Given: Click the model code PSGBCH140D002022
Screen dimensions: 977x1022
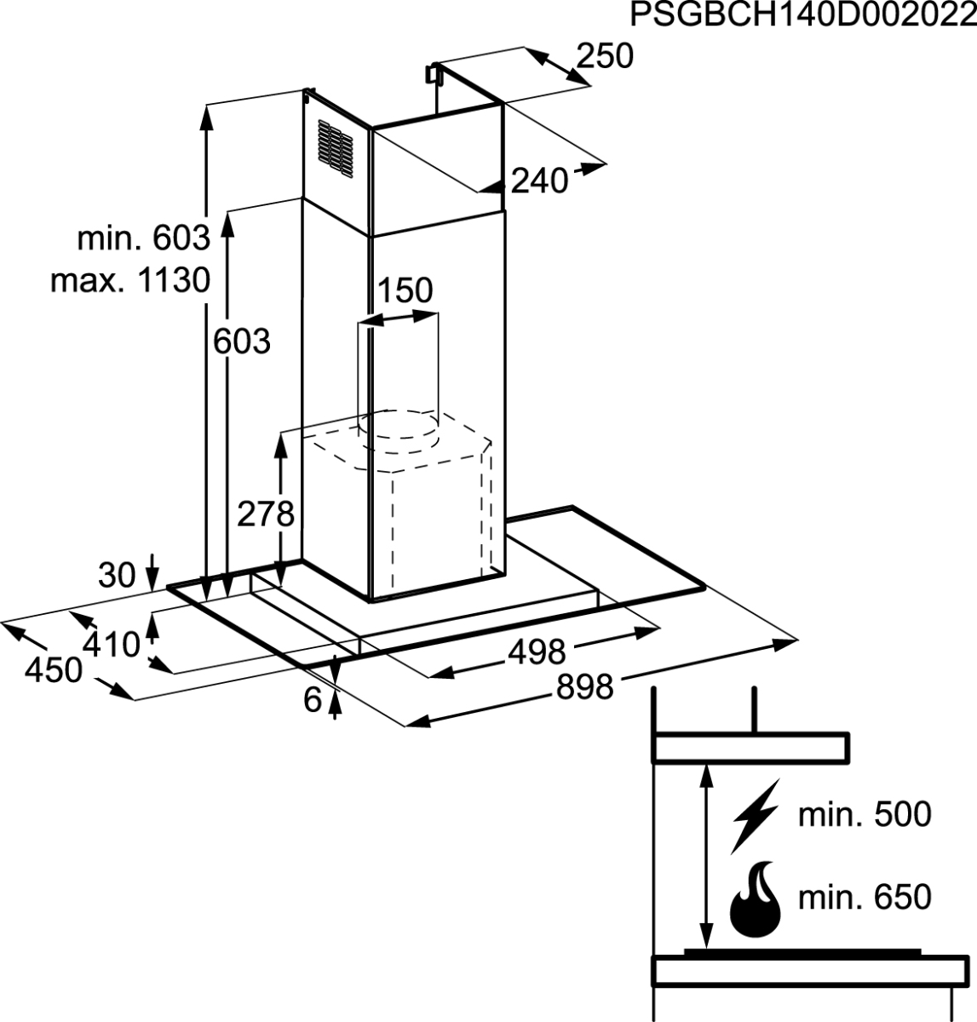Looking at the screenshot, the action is tap(803, 15).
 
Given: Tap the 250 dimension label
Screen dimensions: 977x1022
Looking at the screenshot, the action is tap(605, 56).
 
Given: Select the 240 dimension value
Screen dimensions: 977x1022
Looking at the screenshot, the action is tap(539, 181).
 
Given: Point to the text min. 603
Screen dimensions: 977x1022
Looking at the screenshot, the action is tap(143, 238).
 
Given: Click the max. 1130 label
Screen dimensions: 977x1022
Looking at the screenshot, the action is tap(130, 280).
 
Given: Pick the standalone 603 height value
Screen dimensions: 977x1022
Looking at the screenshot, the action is tap(242, 342).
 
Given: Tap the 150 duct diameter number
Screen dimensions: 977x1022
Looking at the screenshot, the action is tap(405, 290).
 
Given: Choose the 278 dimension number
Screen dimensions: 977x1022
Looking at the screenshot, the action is tap(265, 514).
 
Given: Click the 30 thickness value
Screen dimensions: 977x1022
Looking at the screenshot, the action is tap(117, 575).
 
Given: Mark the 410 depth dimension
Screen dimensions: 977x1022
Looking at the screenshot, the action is tap(112, 645).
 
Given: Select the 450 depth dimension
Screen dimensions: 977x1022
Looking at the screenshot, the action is tap(54, 670).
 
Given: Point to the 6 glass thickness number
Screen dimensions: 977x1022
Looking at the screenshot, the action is tap(313, 700).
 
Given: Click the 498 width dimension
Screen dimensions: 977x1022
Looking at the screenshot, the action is tap(537, 652).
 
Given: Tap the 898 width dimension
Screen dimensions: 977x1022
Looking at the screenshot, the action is tap(584, 686).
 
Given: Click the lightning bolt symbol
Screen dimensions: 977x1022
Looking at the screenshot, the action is tap(755, 816).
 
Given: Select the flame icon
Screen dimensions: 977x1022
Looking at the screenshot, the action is tap(756, 899).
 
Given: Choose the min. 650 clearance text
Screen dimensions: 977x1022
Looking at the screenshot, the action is tap(865, 897).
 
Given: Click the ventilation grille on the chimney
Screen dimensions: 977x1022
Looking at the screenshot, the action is tap(336, 149).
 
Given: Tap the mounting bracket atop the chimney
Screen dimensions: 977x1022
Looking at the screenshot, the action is tap(433, 73).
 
